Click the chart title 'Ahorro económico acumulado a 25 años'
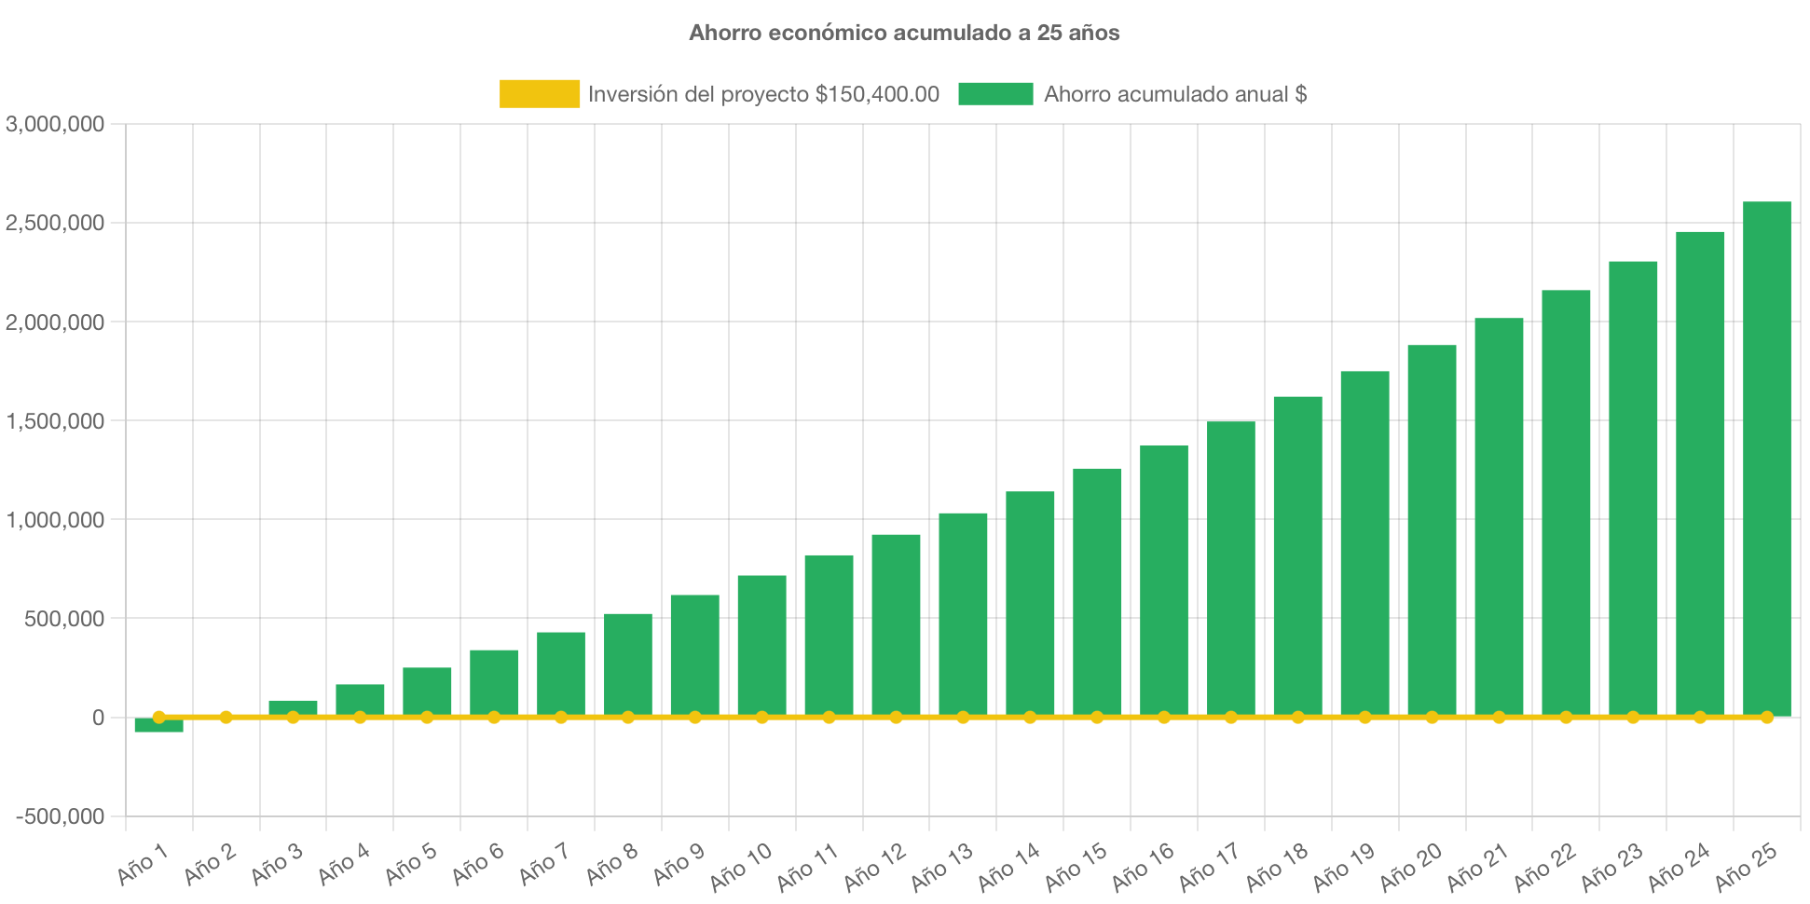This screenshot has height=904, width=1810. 904,33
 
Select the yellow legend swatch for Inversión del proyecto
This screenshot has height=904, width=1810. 539,94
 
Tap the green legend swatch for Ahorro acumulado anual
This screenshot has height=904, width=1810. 995,94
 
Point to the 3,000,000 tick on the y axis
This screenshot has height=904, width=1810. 55,124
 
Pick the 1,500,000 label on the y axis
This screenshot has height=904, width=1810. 55,421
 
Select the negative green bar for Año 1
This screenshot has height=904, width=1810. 158,726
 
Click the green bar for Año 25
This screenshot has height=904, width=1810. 1766,457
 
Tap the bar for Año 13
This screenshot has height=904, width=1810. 963,615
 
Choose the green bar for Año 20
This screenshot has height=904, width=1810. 1432,531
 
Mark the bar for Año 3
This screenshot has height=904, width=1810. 293,707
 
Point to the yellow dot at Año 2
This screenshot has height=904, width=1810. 226,717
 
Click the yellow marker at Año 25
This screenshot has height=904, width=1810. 1766,717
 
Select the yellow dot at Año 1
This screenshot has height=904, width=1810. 158,717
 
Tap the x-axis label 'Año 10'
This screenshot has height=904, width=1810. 742,866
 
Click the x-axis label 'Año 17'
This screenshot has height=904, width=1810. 1210,866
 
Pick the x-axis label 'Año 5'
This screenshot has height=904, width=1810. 411,864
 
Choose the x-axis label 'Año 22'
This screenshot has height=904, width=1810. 1544,866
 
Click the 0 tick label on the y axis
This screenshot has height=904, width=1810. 97,718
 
